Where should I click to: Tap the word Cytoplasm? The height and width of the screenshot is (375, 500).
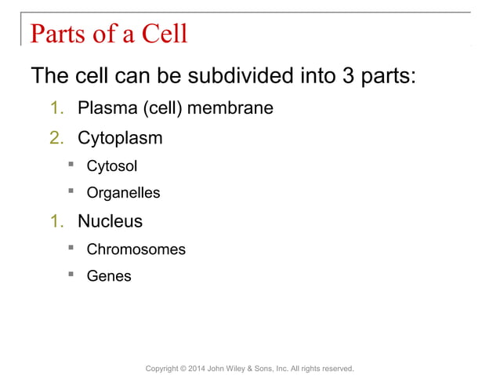point(120,138)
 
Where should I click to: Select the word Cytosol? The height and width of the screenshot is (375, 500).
point(111,166)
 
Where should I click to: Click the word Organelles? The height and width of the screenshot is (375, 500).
point(123,193)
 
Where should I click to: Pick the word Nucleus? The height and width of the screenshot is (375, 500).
point(110,221)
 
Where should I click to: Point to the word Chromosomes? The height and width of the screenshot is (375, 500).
point(136,249)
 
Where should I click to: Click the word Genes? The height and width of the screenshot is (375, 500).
point(109,276)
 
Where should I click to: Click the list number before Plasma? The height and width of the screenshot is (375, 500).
point(56,108)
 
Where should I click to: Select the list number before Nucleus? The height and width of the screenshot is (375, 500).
point(56,221)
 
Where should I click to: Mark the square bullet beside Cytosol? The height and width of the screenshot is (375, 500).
point(71,165)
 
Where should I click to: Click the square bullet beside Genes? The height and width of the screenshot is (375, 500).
point(71,275)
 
